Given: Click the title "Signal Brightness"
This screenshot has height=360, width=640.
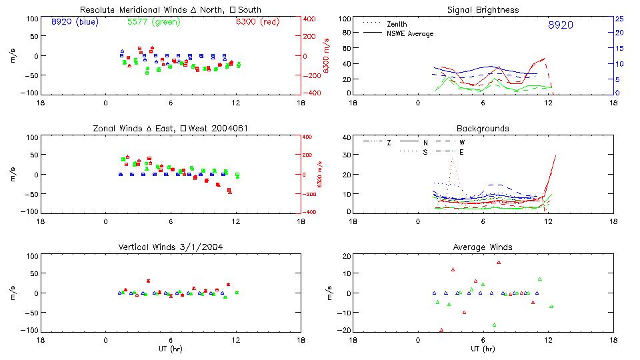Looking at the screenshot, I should pos(483,10).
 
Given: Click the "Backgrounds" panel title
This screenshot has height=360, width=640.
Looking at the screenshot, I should pos(483,128).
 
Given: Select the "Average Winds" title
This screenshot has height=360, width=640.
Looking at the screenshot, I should pos(483,247).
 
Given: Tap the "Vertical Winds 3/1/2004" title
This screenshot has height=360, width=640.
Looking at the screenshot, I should pos(170,247).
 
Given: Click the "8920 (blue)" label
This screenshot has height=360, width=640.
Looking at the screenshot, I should pos(74,21).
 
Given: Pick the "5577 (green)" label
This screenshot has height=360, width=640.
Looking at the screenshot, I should pos(152,21).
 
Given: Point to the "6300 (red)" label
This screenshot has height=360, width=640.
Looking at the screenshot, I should pos(257,21).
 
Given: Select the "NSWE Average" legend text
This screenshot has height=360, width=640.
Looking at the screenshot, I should pos(410,33).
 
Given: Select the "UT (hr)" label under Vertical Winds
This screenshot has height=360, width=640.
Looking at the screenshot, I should pos(170,349).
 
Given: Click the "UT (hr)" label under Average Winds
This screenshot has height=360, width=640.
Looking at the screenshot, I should pos(483,349).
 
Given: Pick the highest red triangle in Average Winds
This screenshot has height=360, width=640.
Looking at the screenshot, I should pos(498,262).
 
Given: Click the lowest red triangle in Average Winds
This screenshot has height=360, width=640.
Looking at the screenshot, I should pos(441,329).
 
